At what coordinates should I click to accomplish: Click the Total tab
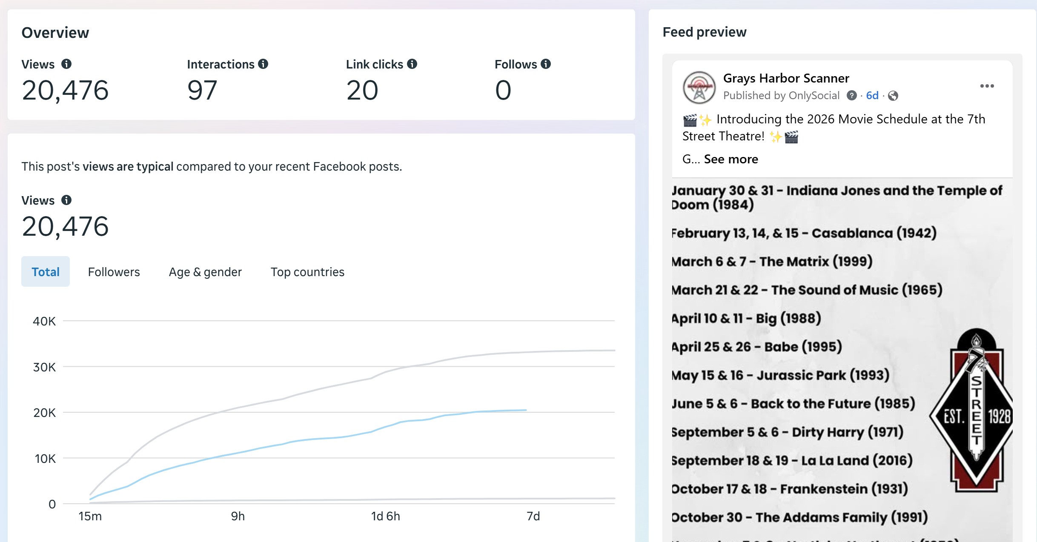46,272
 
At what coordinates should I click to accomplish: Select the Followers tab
114,272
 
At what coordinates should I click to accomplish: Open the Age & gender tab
205,272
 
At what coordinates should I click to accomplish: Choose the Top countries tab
307,272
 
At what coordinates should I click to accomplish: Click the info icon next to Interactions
263,64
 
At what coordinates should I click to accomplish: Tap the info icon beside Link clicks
412,64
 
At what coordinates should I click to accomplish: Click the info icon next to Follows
546,64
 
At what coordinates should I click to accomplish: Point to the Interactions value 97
202,90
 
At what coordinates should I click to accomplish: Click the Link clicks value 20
362,90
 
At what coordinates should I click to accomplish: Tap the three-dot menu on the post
987,86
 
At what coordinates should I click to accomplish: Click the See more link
731,159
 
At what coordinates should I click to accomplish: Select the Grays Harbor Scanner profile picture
699,87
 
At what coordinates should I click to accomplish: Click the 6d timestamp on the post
872,96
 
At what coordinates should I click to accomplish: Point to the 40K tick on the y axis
44,321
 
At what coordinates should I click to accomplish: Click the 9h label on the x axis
238,516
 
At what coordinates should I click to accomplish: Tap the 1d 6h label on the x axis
385,516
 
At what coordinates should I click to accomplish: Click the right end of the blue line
526,410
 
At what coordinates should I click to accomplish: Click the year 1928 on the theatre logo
999,416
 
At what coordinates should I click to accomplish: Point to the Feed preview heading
705,32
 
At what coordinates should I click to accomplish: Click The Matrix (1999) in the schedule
816,261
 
